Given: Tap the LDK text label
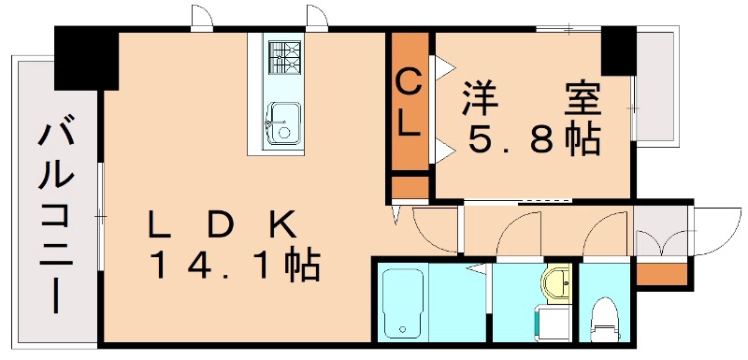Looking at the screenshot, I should [223, 225].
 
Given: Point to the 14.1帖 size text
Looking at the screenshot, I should [235, 266].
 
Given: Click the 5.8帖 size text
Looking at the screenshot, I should [533, 139].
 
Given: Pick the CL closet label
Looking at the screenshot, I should [409, 104].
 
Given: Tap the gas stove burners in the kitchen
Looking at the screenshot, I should [280, 57].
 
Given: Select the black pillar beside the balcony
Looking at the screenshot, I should [85, 58].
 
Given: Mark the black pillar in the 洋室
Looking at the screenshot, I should [618, 52].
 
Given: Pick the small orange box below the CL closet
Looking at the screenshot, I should [409, 186].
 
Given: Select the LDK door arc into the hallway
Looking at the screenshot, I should [432, 229].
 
